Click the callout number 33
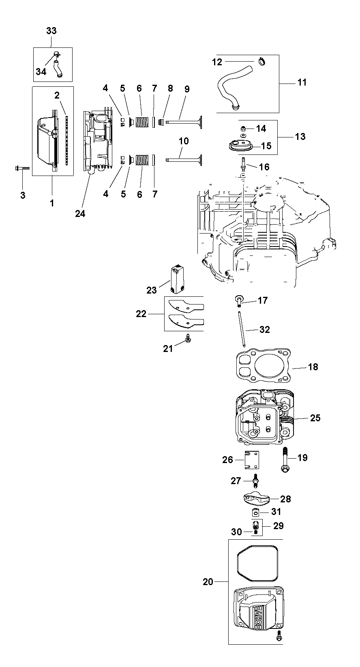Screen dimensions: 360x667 [51, 31]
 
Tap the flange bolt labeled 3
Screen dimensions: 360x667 [22, 168]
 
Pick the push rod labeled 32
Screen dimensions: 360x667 [242, 329]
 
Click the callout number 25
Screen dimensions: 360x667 [315, 418]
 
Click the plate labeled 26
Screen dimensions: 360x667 [252, 460]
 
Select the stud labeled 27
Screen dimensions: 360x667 [255, 480]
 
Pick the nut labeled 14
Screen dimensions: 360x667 [243, 129]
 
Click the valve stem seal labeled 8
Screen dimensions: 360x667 [161, 122]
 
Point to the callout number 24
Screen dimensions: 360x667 [80, 214]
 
